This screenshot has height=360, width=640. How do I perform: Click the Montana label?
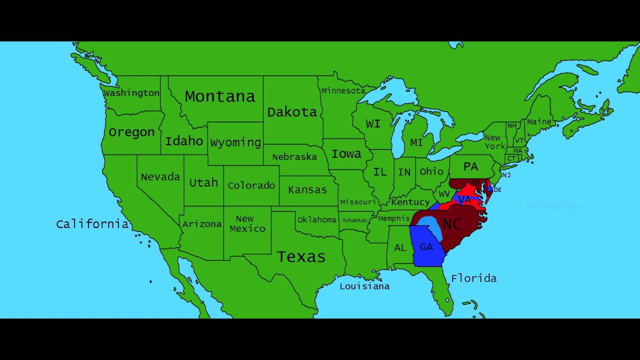tap(219, 96)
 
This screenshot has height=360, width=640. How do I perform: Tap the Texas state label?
tap(301, 256)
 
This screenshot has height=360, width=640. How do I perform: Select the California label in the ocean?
tap(92, 223)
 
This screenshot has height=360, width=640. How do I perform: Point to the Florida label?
tap(473, 278)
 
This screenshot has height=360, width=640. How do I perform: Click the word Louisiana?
tap(364, 286)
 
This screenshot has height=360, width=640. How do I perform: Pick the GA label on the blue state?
tap(426, 247)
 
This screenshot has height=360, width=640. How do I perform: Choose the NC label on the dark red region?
tap(452, 223)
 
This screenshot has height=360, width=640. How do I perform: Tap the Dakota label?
tap(292, 112)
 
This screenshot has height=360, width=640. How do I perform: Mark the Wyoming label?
tap(235, 142)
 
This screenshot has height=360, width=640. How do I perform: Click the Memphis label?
tap(393, 218)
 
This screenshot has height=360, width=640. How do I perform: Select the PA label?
tap(470, 166)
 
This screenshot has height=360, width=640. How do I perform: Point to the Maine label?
tap(539, 121)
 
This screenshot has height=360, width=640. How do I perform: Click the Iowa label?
tap(346, 154)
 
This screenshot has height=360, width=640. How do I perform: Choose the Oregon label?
tap(131, 132)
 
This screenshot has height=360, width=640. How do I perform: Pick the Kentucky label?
tap(410, 202)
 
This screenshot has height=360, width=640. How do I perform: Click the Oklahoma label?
tap(316, 219)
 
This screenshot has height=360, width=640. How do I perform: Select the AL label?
tap(400, 248)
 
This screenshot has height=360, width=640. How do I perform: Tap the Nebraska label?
tap(294, 157)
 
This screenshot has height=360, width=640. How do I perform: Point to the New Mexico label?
tap(247, 223)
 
